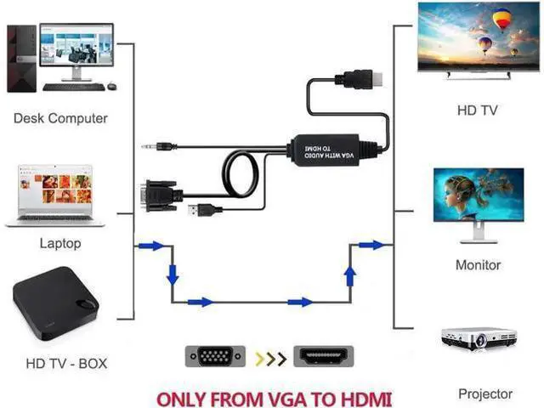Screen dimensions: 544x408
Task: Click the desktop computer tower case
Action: tap(22, 59)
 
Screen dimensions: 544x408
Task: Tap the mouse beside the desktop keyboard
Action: tap(111, 86)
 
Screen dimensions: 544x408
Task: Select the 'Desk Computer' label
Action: tap(60, 118)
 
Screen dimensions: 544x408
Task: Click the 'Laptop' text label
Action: tap(60, 243)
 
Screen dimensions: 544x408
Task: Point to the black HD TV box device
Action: tap(56, 303)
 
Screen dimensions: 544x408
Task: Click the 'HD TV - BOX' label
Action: tap(66, 364)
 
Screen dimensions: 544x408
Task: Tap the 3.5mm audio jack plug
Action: tap(159, 147)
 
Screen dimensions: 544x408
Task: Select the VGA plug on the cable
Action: tap(161, 196)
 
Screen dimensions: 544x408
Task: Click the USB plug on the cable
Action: tap(205, 210)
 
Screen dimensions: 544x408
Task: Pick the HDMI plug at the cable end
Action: tap(359, 79)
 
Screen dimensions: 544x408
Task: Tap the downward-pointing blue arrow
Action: tap(173, 275)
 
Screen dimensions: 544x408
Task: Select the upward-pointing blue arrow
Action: tap(350, 276)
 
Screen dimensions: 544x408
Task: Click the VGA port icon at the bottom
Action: tap(215, 356)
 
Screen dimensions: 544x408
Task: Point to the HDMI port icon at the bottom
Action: tap(323, 356)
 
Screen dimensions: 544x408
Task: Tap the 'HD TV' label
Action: tap(478, 110)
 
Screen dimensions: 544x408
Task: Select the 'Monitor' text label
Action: tap(478, 265)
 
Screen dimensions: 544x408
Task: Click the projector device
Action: tap(479, 338)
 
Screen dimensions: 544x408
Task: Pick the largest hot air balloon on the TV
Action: tap(501, 20)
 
